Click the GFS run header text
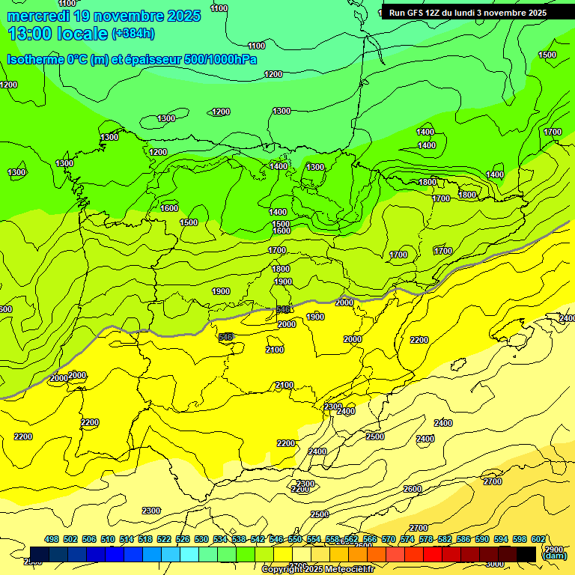(x=468, y=13)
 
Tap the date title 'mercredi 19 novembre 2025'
(x=104, y=16)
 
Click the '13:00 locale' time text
(x=58, y=33)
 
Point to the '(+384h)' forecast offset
(x=133, y=34)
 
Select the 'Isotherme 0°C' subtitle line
(x=132, y=60)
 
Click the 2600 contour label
(x=413, y=489)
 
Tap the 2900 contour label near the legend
(x=554, y=550)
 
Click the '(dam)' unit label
(x=554, y=556)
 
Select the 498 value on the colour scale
(x=52, y=540)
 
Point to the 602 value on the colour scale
(x=538, y=540)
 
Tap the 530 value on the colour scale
(x=201, y=540)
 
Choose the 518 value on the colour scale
(x=145, y=540)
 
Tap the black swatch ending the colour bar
(x=526, y=554)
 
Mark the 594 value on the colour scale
(x=501, y=540)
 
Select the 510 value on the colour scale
(x=108, y=540)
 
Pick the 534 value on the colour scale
(x=220, y=540)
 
